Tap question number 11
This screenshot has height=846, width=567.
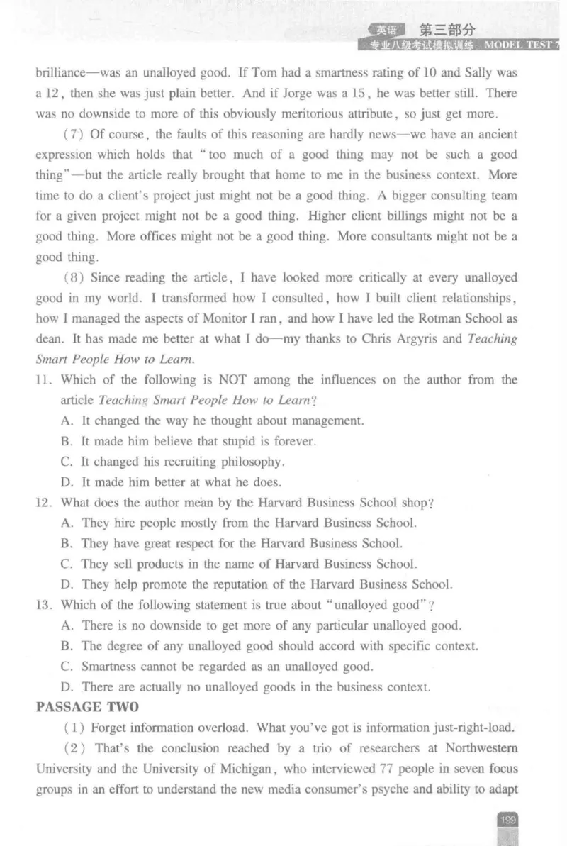[x=44, y=380]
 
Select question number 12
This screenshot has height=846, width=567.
[x=44, y=503]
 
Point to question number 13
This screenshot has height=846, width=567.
[x=44, y=605]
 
